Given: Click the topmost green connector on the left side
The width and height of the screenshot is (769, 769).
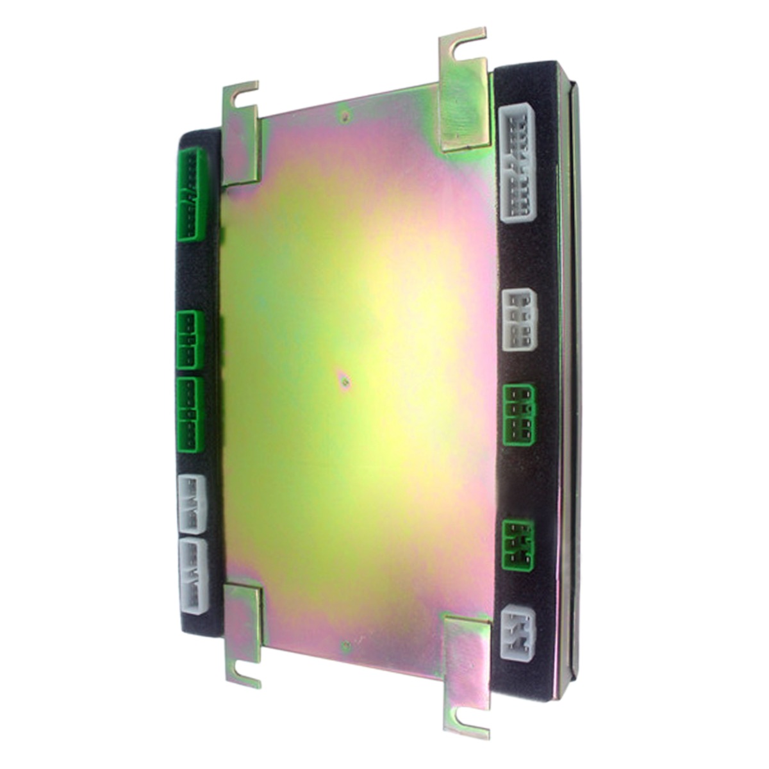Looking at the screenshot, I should [191, 195].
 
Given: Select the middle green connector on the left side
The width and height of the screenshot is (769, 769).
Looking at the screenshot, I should [190, 340].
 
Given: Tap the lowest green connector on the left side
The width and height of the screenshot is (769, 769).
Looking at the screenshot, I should [190, 415].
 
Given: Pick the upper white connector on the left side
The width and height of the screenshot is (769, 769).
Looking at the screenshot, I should [191, 504].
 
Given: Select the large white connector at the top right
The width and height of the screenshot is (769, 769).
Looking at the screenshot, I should [517, 163].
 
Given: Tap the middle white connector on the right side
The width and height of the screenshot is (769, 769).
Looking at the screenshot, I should [518, 319].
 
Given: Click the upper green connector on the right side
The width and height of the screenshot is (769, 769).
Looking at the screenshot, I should [518, 415].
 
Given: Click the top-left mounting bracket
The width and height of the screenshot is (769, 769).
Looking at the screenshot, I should [241, 135].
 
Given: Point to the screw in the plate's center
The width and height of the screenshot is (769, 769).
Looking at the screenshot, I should [345, 382].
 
